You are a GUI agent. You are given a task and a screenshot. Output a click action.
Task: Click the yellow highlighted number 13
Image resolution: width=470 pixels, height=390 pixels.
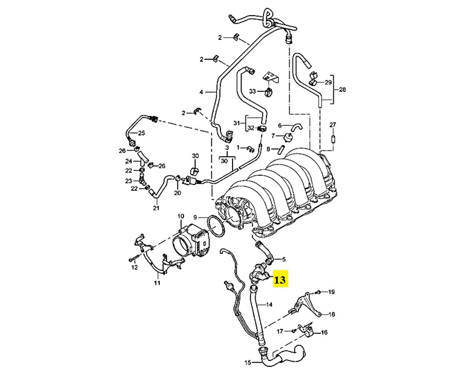click(x=281, y=279)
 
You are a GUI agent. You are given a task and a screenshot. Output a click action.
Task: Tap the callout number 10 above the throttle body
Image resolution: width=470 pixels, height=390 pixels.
click(x=180, y=216)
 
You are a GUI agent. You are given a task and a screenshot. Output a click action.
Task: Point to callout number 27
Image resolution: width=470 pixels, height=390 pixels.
click(x=332, y=125)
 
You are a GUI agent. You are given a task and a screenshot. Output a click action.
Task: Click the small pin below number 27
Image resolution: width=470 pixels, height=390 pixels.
click(x=333, y=140)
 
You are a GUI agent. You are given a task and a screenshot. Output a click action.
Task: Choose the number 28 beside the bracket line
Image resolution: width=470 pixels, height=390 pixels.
click(x=342, y=90)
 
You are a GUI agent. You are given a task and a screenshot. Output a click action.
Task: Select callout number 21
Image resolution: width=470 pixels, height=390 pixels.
click(x=156, y=208)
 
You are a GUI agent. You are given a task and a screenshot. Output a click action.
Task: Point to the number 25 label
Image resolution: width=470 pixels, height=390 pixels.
click(x=142, y=133)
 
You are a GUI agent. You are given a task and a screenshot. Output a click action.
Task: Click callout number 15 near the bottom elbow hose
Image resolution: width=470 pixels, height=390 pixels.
click(x=247, y=363)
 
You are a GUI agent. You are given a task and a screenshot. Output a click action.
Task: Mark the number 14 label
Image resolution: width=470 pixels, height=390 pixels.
click(x=270, y=305)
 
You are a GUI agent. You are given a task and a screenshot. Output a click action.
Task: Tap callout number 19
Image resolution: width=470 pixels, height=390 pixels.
click(x=331, y=293)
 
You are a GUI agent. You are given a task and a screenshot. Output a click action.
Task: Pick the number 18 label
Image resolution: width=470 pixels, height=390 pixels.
click(x=331, y=314)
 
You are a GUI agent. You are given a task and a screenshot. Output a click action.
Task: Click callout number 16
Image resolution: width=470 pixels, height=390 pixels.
click(x=324, y=333)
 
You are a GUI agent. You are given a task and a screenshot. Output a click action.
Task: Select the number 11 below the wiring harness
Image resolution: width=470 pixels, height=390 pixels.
click(x=157, y=283)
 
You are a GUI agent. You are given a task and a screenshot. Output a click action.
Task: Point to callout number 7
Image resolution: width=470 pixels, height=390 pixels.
click(x=273, y=135)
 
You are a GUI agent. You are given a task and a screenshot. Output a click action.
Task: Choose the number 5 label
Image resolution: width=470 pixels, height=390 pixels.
click(x=283, y=259)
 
